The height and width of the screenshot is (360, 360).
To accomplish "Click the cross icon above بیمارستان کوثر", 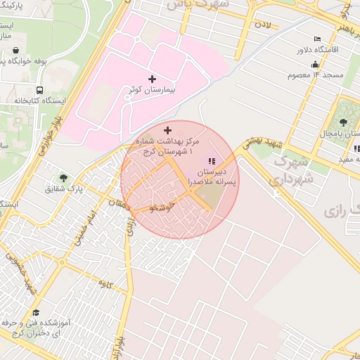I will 152,78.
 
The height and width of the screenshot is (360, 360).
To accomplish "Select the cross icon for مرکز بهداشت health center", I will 167,130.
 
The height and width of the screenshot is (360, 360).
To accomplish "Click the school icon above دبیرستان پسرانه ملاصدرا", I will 212,161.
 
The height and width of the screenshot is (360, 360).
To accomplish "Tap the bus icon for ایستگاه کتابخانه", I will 39,90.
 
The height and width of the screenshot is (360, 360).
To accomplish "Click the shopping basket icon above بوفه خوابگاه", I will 16,51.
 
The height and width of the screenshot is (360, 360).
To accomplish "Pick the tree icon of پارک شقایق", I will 64,178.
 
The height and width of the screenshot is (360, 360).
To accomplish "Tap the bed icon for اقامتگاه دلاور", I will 318,38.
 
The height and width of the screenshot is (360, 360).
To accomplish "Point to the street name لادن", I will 262,25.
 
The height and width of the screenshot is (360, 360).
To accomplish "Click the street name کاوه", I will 106,283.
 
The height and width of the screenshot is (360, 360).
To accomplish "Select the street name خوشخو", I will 162,207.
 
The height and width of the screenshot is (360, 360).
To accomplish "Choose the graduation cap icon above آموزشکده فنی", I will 36,312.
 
